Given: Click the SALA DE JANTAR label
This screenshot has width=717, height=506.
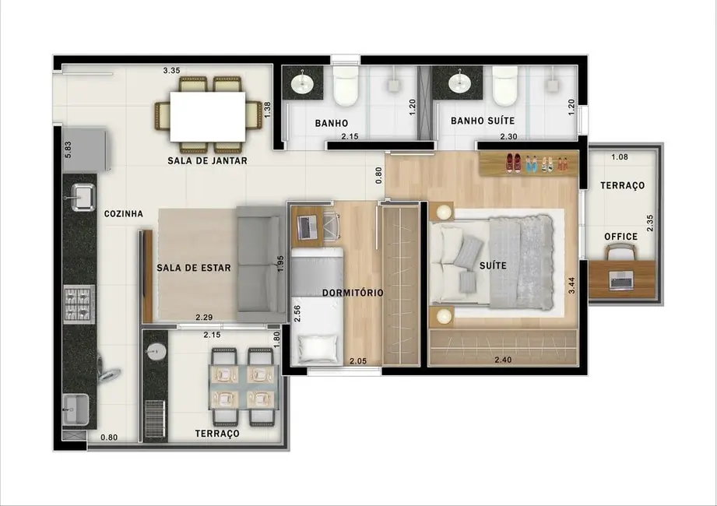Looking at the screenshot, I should (x=207, y=161).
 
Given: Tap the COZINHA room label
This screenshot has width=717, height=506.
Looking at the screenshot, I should (x=123, y=213).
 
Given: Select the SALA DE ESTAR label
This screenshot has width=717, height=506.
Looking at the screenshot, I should (x=194, y=268).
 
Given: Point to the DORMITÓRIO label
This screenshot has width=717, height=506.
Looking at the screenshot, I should (x=353, y=293).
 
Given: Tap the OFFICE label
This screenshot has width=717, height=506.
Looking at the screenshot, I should (x=621, y=237).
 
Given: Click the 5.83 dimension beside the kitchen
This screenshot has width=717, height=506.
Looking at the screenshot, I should (x=68, y=150).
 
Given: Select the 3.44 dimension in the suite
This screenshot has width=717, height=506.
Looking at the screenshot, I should (x=571, y=284).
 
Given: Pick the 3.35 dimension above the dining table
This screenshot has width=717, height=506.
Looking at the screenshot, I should (x=172, y=70).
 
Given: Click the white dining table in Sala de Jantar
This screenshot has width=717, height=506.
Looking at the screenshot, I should (x=207, y=116).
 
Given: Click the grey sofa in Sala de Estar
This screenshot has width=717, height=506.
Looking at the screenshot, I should (x=262, y=264).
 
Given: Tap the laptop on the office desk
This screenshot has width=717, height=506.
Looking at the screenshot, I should (x=620, y=279).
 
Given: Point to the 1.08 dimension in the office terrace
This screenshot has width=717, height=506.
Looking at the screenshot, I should (x=620, y=156).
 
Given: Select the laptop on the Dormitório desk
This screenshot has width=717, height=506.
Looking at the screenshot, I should (x=307, y=227).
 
